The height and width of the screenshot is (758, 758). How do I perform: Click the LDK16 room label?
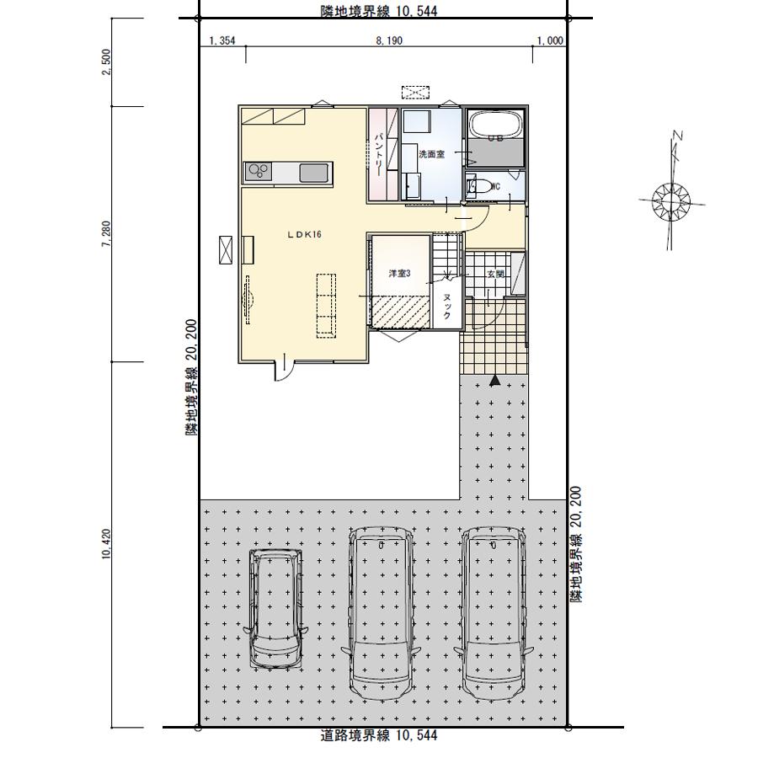click(x=304, y=234)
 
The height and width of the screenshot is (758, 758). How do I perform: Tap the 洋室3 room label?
click(x=399, y=274)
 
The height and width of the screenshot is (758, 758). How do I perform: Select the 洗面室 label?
click(x=431, y=155)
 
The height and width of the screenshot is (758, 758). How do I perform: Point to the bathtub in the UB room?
click(x=495, y=125)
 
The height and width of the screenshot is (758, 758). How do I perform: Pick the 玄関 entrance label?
click(x=495, y=274)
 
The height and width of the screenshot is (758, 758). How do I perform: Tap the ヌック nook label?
click(x=447, y=307)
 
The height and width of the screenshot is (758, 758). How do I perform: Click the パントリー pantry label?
click(x=379, y=153)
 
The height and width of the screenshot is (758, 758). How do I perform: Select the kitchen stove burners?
click(x=258, y=172)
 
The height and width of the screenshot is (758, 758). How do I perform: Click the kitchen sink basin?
click(x=314, y=173)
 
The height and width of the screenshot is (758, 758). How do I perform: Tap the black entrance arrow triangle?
click(x=494, y=381)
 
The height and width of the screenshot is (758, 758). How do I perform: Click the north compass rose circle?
click(x=671, y=200)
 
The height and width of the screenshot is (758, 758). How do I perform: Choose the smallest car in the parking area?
click(x=275, y=609)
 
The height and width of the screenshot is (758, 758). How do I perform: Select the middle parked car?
click(x=382, y=613)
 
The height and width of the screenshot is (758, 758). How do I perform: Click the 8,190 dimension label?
click(x=389, y=40)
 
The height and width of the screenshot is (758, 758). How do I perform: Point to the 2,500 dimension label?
click(x=107, y=61)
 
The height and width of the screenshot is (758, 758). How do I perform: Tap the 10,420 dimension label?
click(x=107, y=544)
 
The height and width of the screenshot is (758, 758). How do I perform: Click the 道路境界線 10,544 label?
click(x=379, y=736)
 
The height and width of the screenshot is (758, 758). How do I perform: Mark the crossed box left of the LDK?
click(x=225, y=250)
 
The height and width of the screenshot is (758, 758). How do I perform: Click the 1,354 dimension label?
click(x=222, y=40)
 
